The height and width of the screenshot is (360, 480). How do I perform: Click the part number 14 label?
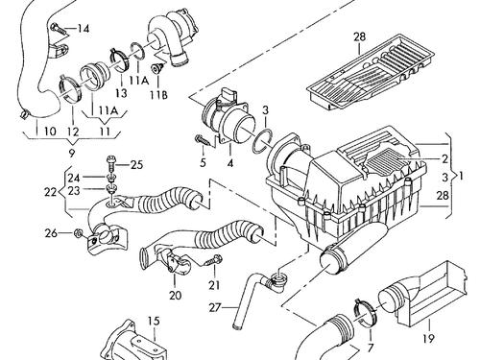(83, 29)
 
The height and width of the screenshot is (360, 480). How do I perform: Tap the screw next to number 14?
(60, 29)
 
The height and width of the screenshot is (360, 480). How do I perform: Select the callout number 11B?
(159, 95)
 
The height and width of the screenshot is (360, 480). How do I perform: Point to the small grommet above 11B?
(157, 68)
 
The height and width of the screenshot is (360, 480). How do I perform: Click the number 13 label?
(121, 93)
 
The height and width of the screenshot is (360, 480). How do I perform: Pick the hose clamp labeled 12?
(70, 89)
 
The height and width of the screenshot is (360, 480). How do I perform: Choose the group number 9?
(72, 154)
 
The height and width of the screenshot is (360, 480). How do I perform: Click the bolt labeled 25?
(111, 163)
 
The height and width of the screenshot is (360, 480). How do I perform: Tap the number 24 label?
(73, 178)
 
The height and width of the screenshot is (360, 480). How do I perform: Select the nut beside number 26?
(78, 233)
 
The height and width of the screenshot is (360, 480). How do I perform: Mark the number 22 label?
(51, 192)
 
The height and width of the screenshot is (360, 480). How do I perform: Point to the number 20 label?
(175, 295)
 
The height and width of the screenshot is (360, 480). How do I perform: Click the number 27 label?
(215, 308)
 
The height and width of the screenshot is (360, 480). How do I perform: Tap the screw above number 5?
(204, 141)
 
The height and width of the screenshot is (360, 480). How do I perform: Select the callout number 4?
(230, 163)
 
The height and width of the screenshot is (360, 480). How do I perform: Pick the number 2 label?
(444, 158)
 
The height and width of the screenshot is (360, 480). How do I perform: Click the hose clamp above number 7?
(365, 313)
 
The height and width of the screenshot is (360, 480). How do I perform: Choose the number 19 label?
(428, 338)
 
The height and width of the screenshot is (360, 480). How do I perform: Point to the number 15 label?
(154, 321)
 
